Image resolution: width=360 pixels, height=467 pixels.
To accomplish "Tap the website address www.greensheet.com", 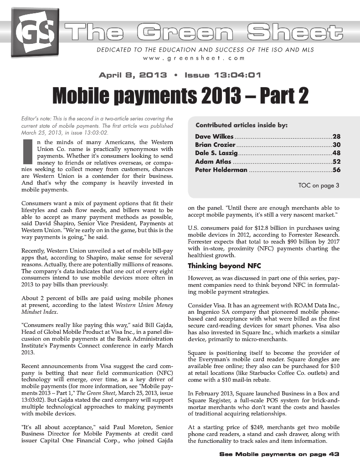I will (193, 58).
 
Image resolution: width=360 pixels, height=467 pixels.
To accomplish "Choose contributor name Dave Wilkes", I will (214, 136).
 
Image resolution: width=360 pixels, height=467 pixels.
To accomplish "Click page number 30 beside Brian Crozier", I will (337, 145).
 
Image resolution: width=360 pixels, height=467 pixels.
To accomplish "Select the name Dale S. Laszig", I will (216, 153).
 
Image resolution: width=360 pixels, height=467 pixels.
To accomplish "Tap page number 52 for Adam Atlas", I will (337, 161).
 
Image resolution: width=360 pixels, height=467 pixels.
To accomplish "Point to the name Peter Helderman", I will (221, 170).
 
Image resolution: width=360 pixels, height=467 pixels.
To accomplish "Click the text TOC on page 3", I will (319, 186).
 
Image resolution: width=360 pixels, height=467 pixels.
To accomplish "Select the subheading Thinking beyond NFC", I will (224, 266).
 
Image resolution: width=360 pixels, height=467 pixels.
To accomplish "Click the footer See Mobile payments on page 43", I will (280, 454).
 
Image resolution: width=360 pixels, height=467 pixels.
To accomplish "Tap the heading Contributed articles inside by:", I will (241, 125).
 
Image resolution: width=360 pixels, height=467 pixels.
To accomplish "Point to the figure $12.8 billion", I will (262, 228).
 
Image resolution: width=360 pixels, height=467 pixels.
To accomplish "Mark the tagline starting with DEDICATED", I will (205, 49).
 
